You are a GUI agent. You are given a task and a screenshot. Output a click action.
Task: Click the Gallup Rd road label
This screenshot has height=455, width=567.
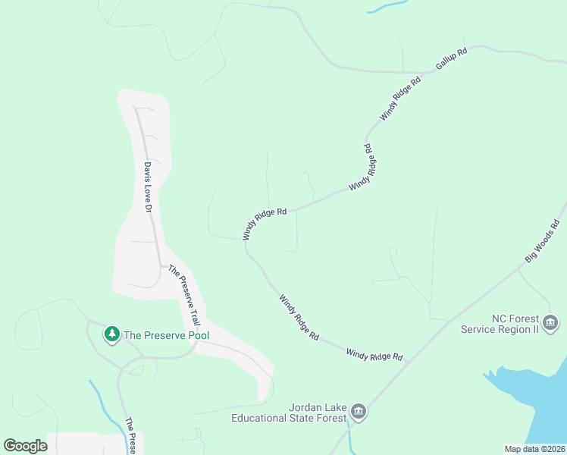[x=452, y=58]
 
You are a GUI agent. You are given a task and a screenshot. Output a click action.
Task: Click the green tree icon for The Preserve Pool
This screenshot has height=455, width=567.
[x=112, y=334]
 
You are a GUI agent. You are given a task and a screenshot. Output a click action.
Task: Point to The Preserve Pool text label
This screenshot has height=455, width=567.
[x=166, y=334]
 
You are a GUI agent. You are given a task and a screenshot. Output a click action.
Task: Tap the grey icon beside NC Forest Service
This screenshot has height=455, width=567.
[x=551, y=324]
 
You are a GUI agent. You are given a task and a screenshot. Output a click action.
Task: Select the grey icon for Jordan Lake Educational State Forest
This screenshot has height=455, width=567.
[x=359, y=413]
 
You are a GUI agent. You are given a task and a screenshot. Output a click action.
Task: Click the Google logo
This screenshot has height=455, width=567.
[x=25, y=445]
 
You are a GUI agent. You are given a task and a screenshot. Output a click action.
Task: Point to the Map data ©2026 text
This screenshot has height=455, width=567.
[x=534, y=449]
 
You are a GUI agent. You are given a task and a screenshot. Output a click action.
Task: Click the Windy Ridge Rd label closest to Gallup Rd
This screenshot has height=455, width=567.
[x=400, y=99]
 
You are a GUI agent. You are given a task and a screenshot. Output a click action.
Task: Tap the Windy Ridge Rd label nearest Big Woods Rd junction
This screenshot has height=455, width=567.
[x=374, y=354]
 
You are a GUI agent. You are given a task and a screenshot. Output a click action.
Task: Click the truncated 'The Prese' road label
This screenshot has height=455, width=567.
[x=130, y=436]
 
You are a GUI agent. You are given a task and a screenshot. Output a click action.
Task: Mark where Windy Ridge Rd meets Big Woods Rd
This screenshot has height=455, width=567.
[x=409, y=361]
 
